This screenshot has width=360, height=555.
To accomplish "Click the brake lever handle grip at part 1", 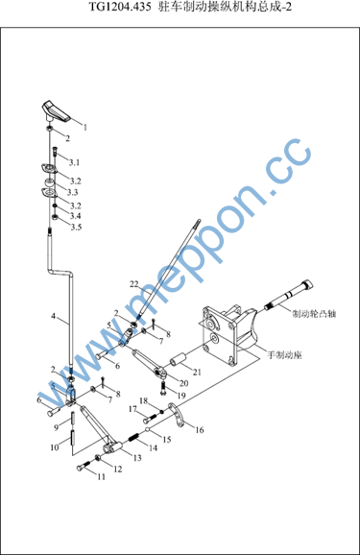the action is [x=56, y=111].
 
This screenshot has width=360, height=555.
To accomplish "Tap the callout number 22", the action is [x=134, y=284].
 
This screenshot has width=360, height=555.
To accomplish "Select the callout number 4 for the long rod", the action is [x=54, y=316].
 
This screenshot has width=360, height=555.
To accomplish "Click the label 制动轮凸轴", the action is [x=314, y=314].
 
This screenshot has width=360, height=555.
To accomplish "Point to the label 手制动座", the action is [x=284, y=354].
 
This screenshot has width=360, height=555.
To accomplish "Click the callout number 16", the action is [x=200, y=430].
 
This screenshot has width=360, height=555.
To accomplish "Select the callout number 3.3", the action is [x=73, y=192].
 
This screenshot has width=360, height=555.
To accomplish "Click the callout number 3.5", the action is [x=76, y=227].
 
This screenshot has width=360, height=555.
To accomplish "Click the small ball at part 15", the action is [x=148, y=430].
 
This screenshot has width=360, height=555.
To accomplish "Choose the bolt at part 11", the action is [x=84, y=465].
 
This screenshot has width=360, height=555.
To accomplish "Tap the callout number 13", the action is [x=137, y=458].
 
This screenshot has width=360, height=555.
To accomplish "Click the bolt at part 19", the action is [x=163, y=388].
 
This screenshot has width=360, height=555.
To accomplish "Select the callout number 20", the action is [x=183, y=383].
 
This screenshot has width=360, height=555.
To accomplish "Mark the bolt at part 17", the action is [x=151, y=418].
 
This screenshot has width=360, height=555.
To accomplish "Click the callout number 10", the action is [x=55, y=447].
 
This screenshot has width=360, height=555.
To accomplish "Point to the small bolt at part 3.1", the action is [x=56, y=152].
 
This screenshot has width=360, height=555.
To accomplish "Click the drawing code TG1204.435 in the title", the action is [x=120, y=7].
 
